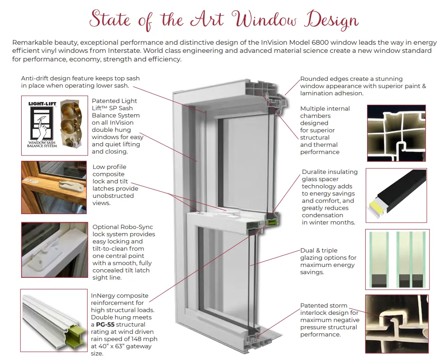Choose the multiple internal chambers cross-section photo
396,133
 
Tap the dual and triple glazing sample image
397,259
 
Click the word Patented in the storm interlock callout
315,306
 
